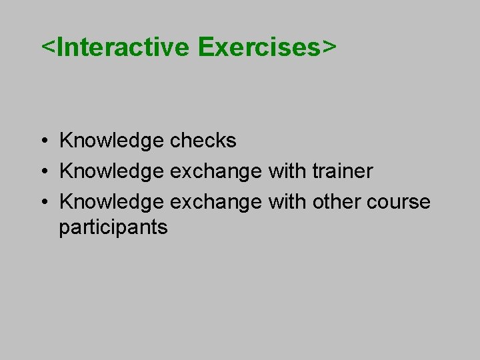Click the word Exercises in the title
coord(259,47)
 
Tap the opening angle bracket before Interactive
coord(49,47)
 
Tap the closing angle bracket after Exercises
coord(329,47)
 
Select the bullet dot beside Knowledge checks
coord(45,141)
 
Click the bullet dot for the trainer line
coord(45,171)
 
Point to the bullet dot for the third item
coord(45,202)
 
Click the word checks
coord(203,140)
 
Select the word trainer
coord(343,171)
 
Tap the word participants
coord(113,227)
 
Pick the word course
coord(399,202)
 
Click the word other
coord(336,201)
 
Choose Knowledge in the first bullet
coord(111,141)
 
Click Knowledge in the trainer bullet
coord(111,171)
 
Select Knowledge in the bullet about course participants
coord(111,202)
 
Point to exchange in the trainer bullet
coord(216,171)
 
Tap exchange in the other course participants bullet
coord(216,202)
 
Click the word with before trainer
coord(287,171)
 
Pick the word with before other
coord(287,201)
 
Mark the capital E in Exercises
coord(206,47)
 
